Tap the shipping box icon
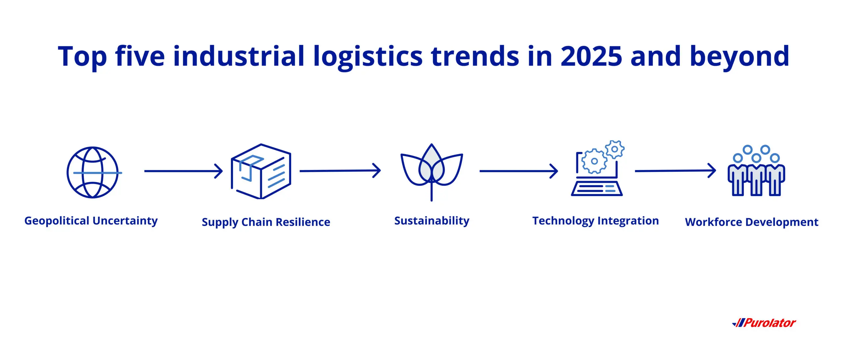(x=261, y=171)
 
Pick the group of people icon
(x=756, y=170)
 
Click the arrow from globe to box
(x=183, y=171)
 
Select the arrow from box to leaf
(x=340, y=171)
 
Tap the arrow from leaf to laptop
(x=519, y=171)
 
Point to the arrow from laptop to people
(x=675, y=171)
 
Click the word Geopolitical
(x=57, y=221)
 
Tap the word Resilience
(x=303, y=222)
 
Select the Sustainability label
(x=432, y=221)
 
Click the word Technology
(x=563, y=221)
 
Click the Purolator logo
(x=764, y=323)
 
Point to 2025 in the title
(x=591, y=56)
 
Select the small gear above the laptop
(x=614, y=149)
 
